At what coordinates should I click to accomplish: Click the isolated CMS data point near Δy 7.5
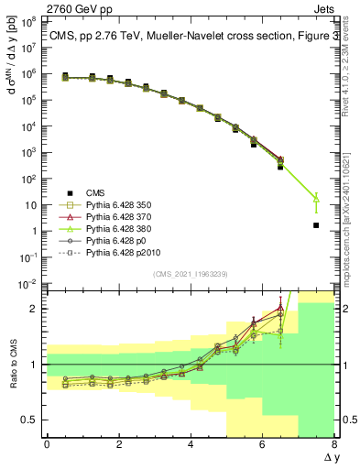click(316, 225)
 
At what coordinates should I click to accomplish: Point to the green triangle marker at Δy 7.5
click(316, 197)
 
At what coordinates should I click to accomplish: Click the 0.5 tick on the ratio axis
click(29, 420)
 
